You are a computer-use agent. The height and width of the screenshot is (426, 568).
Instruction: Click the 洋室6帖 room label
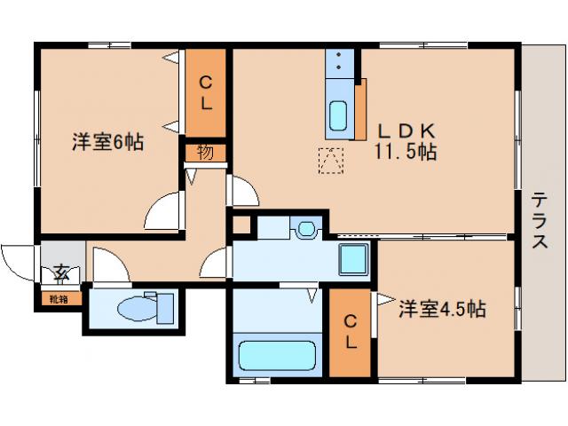click(108, 142)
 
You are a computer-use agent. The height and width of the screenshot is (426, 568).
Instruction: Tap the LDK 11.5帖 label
click(405, 140)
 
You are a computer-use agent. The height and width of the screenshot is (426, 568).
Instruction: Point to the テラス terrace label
click(539, 221)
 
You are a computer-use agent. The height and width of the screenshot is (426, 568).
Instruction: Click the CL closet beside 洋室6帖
click(205, 93)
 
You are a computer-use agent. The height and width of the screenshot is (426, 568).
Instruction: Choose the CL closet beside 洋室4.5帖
click(351, 331)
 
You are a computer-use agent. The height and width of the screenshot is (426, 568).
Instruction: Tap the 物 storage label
click(205, 152)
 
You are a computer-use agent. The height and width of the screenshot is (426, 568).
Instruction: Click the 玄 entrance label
click(61, 272)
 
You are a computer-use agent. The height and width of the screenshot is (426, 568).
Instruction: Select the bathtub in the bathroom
click(277, 357)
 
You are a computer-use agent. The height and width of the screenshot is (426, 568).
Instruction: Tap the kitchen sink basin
click(339, 114)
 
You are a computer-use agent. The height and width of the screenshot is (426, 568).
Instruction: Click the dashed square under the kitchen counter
click(331, 161)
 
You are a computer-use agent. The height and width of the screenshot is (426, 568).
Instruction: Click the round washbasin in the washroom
click(306, 229)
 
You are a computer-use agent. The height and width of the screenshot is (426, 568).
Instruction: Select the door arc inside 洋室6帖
click(162, 211)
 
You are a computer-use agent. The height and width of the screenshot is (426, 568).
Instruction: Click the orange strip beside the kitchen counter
click(360, 108)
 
